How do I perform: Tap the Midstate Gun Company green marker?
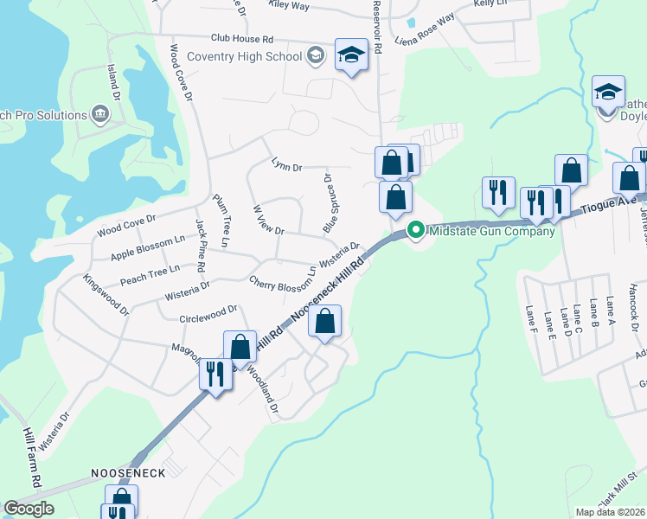pyautogui.click(x=415, y=231)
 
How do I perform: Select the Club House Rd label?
pyautogui.click(x=242, y=39)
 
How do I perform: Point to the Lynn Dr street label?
pyautogui.click(x=285, y=166)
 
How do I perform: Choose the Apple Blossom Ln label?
pyautogui.click(x=147, y=248)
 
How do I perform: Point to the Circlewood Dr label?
pyautogui.click(x=208, y=311)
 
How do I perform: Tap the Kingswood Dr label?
pyautogui.click(x=106, y=295)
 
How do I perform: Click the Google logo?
pyautogui.click(x=29, y=509)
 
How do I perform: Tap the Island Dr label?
pyautogui.click(x=112, y=81)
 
